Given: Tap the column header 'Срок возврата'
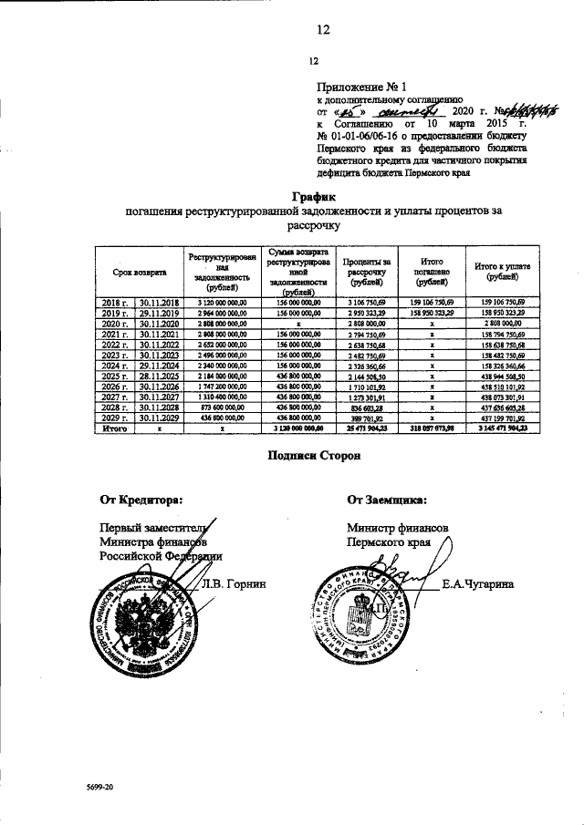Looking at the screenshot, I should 140,271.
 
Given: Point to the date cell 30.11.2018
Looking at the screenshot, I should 159,302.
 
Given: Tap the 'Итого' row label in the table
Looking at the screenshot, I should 115,427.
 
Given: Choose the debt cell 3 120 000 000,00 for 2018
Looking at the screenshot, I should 222,302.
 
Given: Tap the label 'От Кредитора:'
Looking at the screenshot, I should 141,499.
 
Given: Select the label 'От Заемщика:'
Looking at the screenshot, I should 386,499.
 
